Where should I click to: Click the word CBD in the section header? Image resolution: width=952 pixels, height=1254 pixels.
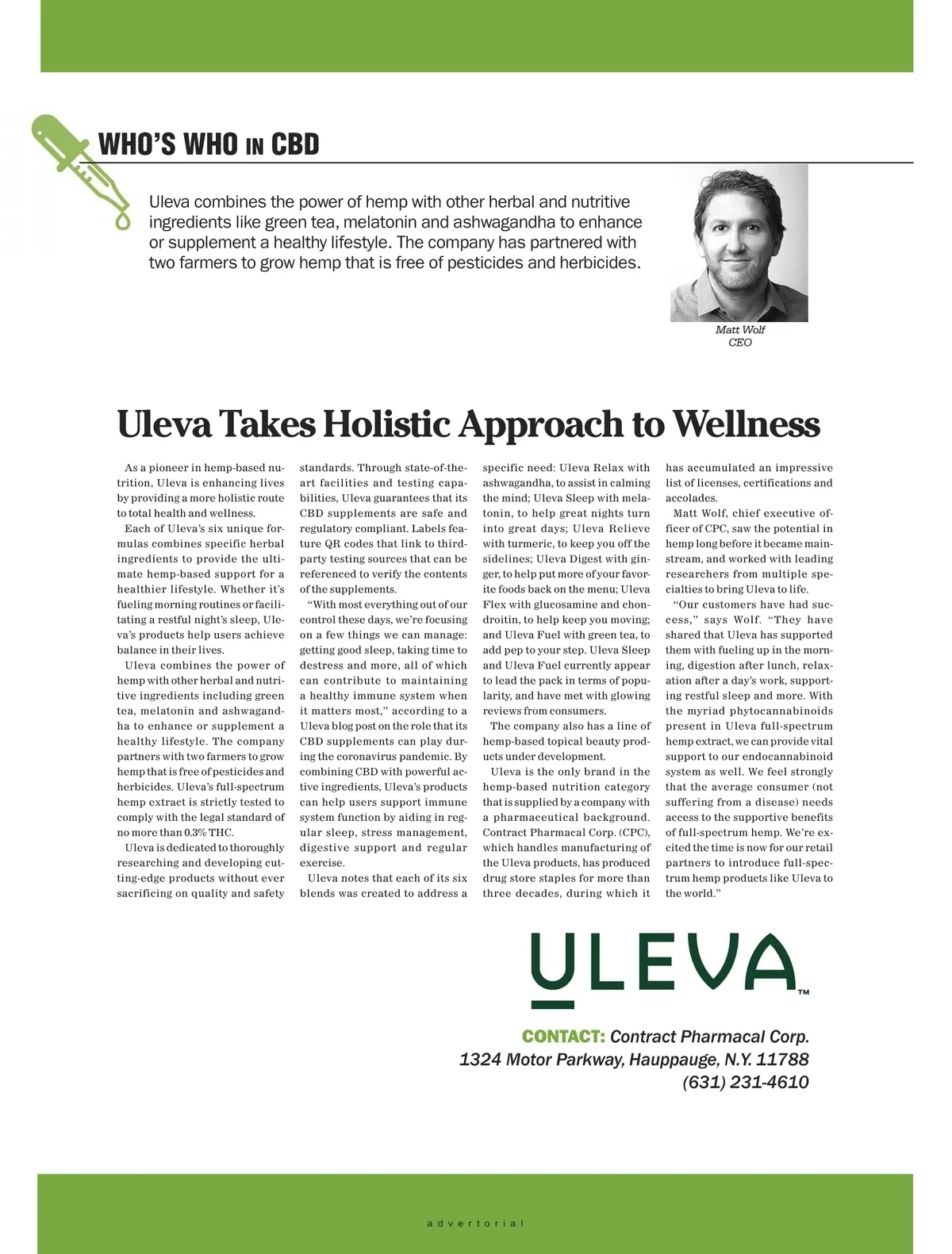click(x=294, y=145)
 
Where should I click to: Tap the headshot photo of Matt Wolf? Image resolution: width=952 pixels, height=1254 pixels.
click(x=739, y=243)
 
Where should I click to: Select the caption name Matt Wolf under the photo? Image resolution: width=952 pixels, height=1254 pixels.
click(x=739, y=330)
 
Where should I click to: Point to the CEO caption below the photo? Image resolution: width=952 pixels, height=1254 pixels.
click(x=739, y=343)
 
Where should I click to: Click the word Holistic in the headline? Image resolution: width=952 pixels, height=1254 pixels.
click(x=386, y=424)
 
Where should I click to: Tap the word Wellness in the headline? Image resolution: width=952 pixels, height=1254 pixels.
click(x=747, y=424)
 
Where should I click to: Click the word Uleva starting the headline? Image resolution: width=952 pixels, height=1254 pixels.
click(x=163, y=424)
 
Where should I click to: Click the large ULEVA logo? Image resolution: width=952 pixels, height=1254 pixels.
click(x=662, y=967)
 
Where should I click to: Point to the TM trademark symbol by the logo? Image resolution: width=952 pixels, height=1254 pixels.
click(x=803, y=991)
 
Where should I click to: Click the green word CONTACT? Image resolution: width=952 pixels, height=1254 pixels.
click(x=563, y=1037)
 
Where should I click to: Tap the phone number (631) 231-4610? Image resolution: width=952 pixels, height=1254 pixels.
click(x=745, y=1083)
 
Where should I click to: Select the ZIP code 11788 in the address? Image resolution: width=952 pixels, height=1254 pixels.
click(x=782, y=1060)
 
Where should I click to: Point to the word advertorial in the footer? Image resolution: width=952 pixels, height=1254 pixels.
click(x=475, y=1223)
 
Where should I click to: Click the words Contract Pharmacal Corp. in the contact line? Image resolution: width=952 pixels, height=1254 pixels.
click(x=709, y=1037)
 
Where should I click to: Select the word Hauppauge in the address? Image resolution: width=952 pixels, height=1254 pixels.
click(x=672, y=1060)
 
